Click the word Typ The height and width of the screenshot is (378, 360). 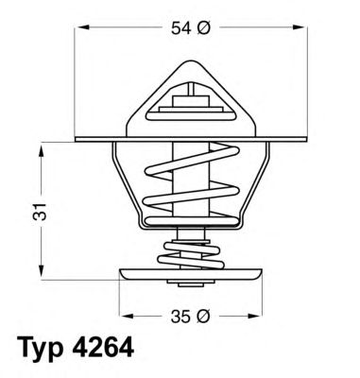(42, 349)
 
